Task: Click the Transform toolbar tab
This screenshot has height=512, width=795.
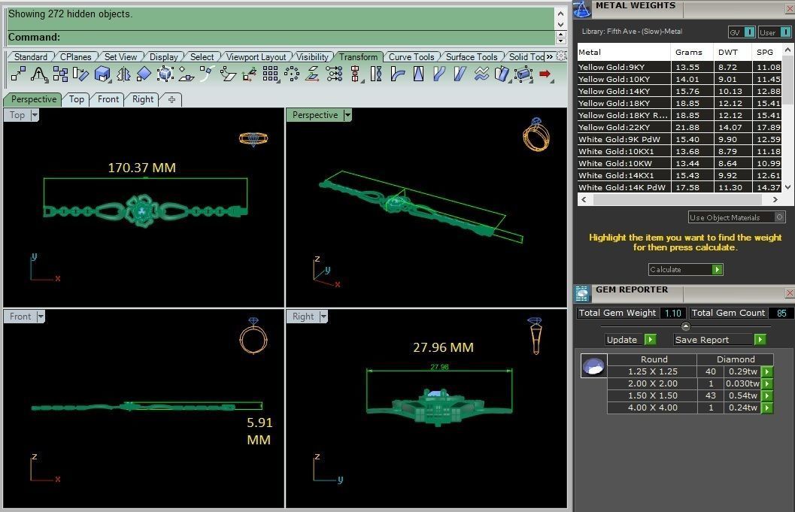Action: point(358,57)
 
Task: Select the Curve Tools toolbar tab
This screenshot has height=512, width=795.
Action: point(411,57)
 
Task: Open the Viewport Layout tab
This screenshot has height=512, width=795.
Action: point(256,57)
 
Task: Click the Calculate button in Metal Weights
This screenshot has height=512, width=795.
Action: point(685,269)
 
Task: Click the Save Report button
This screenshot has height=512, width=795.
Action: point(720,340)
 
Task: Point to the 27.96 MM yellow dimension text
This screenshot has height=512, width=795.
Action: point(443,347)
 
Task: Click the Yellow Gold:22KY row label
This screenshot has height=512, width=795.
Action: point(614,128)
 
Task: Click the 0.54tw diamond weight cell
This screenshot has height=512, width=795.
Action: point(741,395)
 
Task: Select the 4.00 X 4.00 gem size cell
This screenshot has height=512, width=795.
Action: point(652,407)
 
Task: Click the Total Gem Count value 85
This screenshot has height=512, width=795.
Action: point(781,313)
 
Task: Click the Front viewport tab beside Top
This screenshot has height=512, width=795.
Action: point(108,99)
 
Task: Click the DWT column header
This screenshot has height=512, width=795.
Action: point(728,53)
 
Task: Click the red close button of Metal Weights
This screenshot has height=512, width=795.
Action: point(789,6)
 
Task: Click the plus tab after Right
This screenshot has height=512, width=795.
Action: point(171,99)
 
